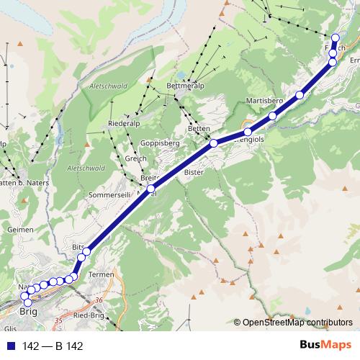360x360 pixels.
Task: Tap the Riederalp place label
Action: [123, 123]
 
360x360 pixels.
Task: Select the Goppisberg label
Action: [160, 143]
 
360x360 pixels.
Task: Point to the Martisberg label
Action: [264, 99]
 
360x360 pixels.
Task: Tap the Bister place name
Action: [194, 173]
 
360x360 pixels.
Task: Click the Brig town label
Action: [28, 312]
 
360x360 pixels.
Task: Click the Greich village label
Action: [135, 158]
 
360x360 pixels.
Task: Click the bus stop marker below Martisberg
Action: [273, 117]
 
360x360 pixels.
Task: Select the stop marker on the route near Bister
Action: [213, 144]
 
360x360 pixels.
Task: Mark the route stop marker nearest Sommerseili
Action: [151, 189]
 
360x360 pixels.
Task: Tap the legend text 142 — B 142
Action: [53, 346]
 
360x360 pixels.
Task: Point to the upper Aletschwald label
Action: [108, 85]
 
